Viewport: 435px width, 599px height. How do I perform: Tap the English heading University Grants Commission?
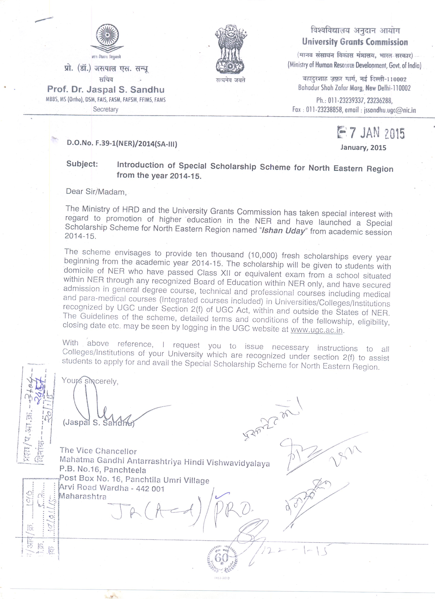[x=355, y=42]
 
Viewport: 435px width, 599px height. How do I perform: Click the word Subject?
[x=82, y=164]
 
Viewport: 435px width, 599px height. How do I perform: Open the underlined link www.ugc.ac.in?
[x=317, y=330]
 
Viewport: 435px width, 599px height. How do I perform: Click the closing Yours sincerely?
[x=90, y=381]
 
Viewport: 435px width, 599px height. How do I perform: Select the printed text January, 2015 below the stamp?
[x=363, y=147]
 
